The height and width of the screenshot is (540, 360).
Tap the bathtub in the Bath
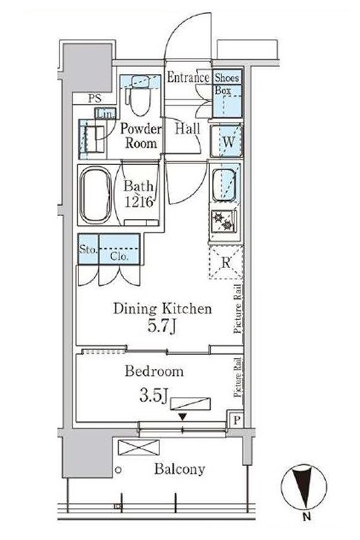[96, 195]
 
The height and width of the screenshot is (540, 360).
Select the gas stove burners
[223, 221]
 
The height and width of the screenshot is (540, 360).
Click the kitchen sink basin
[225, 185]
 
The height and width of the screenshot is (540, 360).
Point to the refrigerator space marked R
[226, 262]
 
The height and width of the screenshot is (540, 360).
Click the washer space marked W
[227, 141]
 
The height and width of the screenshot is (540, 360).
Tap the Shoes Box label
[226, 84]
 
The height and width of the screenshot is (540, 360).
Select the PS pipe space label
[95, 99]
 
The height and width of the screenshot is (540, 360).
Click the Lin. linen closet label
[105, 114]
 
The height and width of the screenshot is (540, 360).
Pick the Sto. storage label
[88, 249]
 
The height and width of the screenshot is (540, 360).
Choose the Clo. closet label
[120, 256]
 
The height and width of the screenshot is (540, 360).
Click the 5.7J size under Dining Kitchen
[162, 325]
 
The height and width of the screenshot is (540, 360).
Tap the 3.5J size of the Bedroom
[154, 395]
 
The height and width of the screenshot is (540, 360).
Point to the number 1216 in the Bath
[138, 202]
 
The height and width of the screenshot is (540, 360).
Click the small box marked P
[237, 420]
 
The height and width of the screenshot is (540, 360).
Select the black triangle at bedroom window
[183, 417]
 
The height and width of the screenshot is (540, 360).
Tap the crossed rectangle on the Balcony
[139, 447]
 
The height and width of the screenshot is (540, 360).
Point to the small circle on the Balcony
[119, 469]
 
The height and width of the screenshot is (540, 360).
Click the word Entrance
[189, 77]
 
